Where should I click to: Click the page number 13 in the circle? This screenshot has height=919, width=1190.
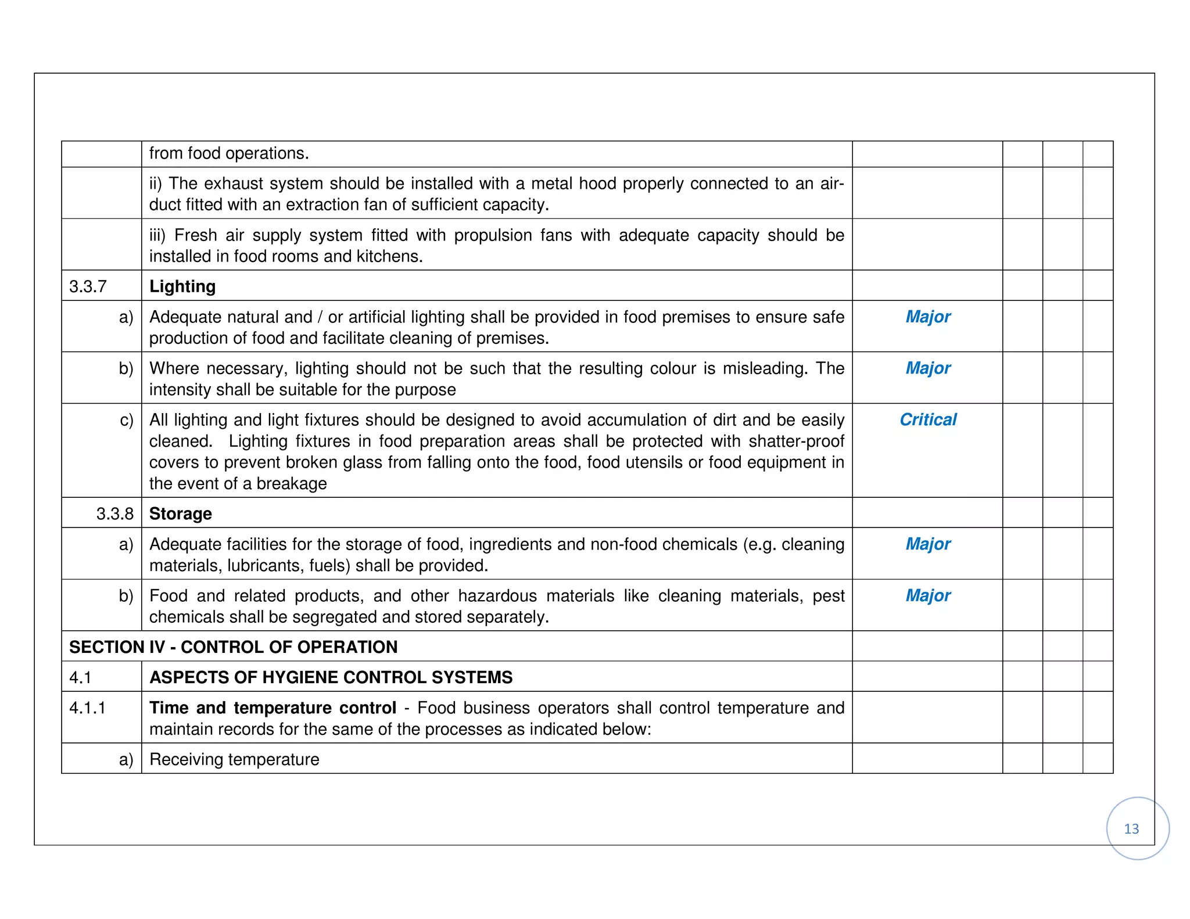point(1131,828)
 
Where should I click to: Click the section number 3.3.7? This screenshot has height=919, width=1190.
point(88,286)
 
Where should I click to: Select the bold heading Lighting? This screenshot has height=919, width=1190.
point(182,286)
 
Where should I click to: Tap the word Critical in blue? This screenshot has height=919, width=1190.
point(927,419)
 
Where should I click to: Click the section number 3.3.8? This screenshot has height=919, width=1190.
point(114,514)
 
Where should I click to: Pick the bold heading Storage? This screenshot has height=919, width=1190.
point(180,514)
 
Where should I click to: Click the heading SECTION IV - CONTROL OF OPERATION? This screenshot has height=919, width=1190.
point(233,647)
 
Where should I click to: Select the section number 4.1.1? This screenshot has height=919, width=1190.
point(87,708)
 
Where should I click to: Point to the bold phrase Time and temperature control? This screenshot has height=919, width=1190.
point(273,708)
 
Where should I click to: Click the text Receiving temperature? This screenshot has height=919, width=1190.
point(234,759)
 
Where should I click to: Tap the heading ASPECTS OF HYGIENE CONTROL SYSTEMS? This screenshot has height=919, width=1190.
point(331,677)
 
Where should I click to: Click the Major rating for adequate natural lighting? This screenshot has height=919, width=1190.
point(927,317)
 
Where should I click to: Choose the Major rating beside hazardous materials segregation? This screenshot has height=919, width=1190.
point(927,595)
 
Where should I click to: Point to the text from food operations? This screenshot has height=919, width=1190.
point(229,153)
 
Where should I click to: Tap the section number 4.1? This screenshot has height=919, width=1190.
point(80,677)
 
